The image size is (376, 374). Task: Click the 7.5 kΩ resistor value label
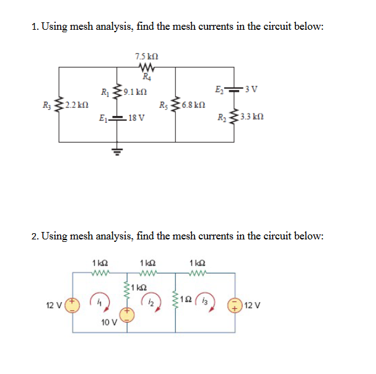145,57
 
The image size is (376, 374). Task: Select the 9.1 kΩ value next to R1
135,94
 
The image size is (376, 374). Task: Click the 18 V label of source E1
134,116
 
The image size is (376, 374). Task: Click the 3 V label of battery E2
252,90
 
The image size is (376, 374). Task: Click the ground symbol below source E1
114,150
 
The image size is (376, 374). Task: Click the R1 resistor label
103,94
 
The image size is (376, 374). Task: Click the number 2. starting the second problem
35,236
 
